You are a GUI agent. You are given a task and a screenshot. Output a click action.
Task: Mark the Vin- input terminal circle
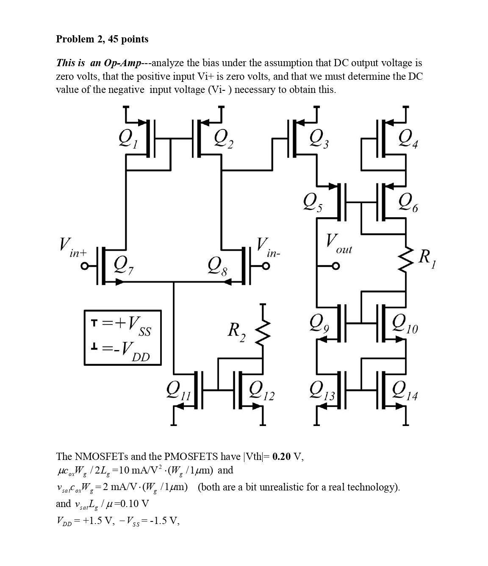pos(266,266)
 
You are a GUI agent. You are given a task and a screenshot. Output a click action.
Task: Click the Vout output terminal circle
pos(335,266)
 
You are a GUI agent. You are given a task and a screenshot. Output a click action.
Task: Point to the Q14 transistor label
pos(405,389)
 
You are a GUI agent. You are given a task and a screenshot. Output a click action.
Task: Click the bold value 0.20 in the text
pos(282,457)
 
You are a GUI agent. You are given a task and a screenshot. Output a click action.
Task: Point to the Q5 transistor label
pos(313,201)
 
